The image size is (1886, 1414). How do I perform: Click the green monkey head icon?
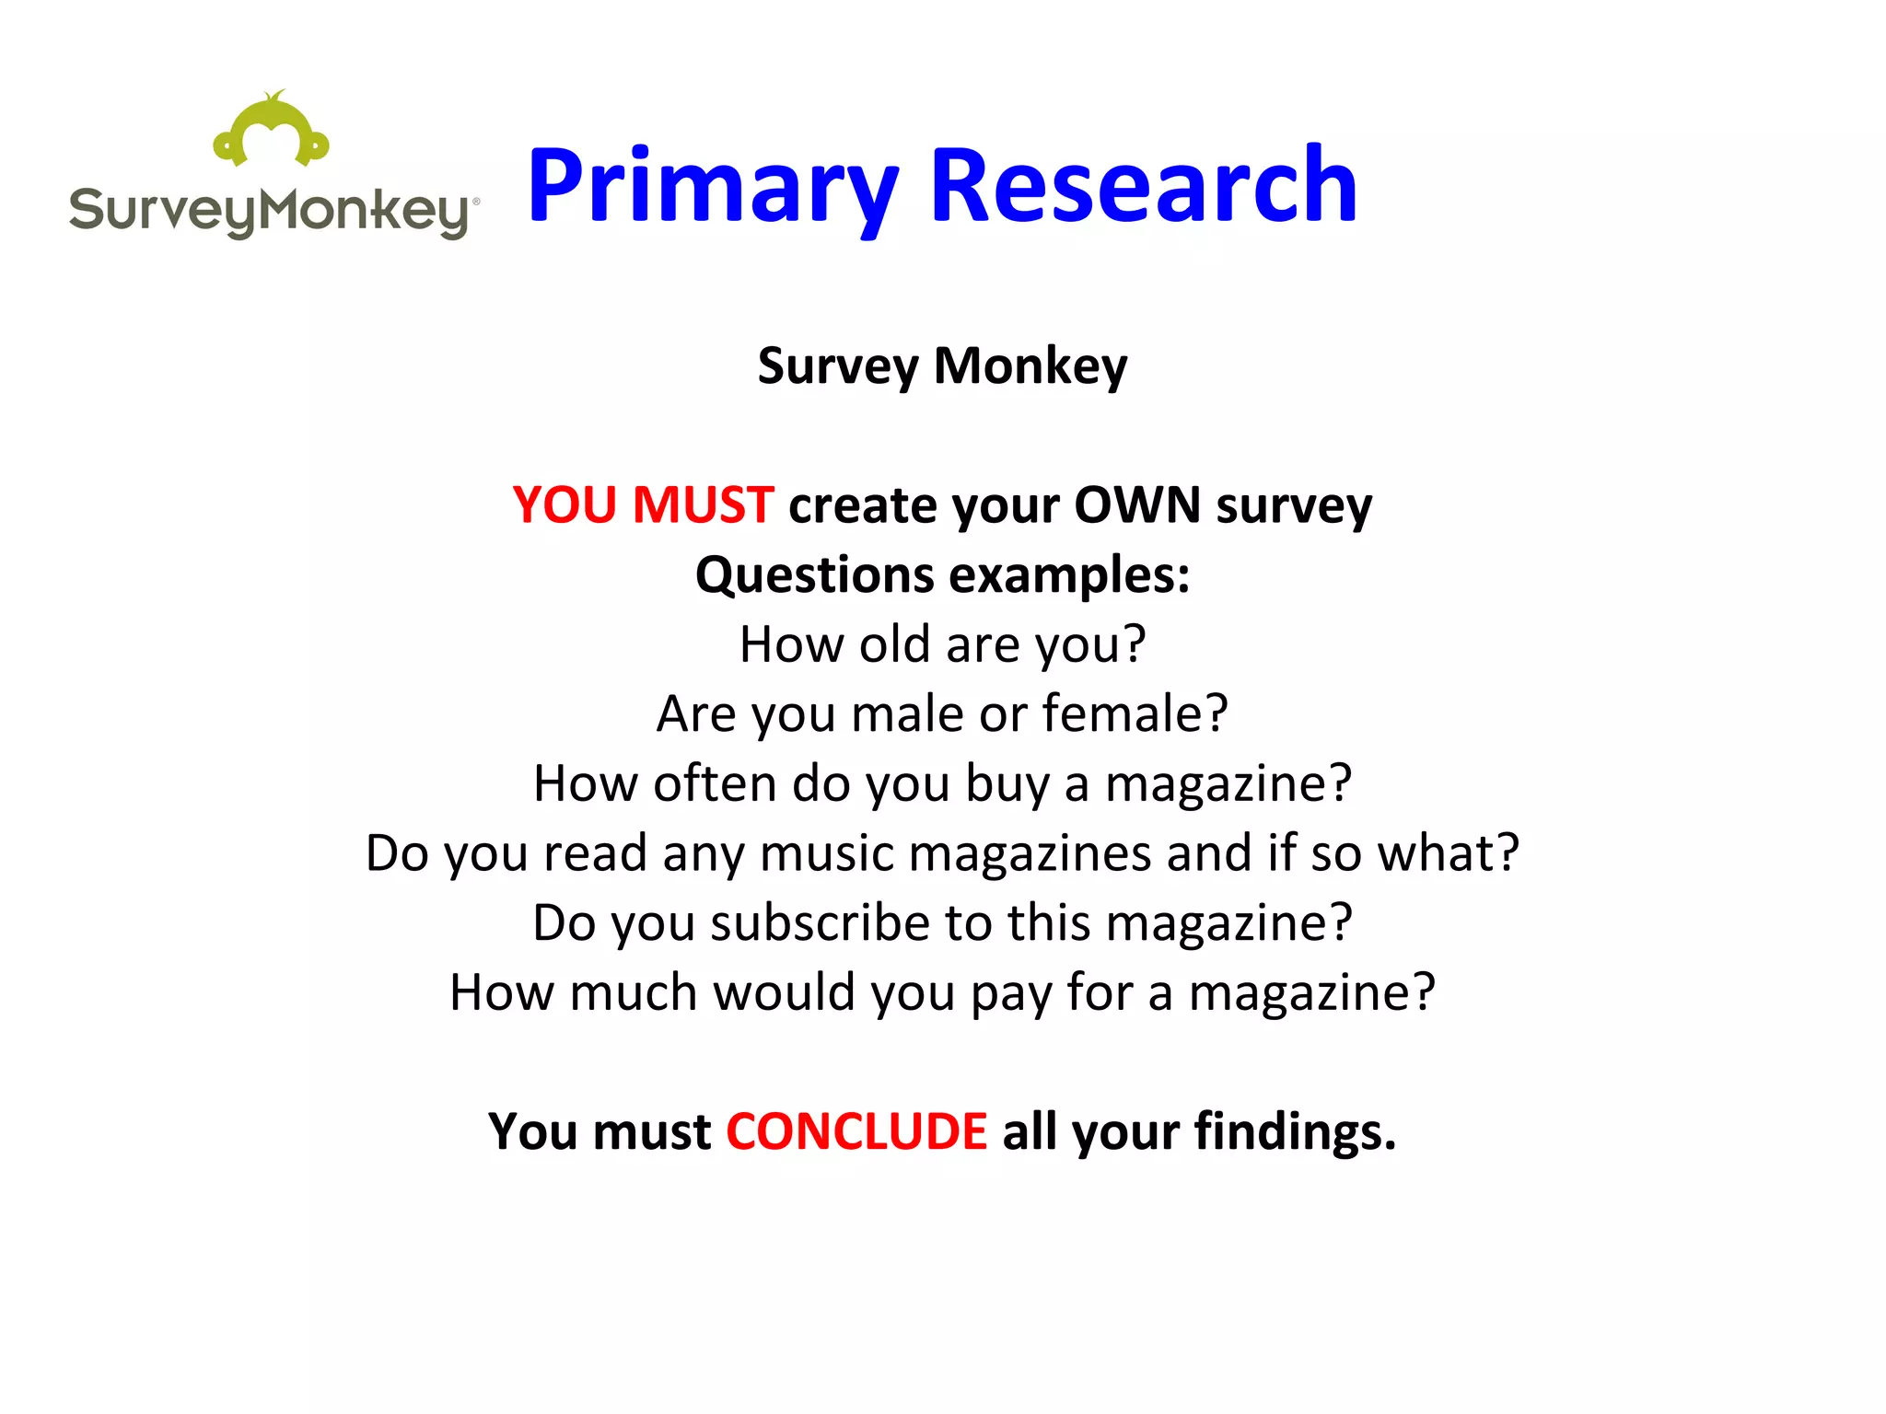click(271, 131)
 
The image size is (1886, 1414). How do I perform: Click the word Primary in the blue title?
click(712, 188)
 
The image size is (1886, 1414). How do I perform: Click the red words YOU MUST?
click(643, 505)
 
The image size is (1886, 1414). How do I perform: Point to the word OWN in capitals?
click(1136, 505)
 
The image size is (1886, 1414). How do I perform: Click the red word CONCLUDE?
click(856, 1131)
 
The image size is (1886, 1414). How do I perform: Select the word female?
click(1135, 713)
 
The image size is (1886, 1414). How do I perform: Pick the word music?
click(826, 853)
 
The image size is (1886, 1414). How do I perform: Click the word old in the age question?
click(892, 644)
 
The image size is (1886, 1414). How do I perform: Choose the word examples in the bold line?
click(1068, 575)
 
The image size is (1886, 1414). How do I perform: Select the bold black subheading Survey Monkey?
click(942, 366)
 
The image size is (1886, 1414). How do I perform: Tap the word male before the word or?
click(907, 713)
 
